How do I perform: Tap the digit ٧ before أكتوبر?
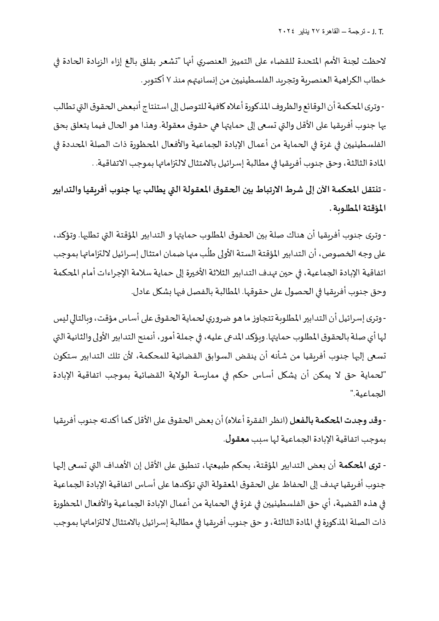(168, 81)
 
